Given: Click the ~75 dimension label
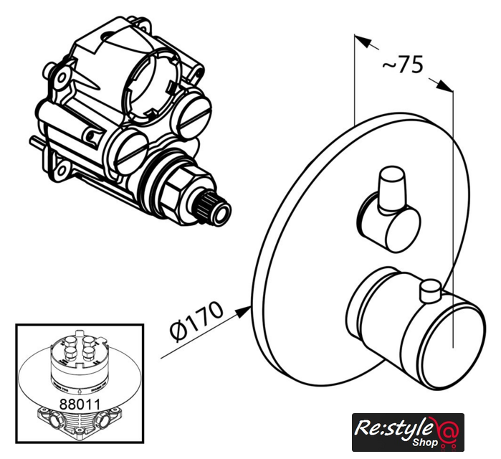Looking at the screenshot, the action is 403,65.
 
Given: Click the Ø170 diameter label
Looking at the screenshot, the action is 196,321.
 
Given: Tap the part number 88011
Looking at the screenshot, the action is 80,404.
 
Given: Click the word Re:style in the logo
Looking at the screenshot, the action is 395,427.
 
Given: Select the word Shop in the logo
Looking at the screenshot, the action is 425,443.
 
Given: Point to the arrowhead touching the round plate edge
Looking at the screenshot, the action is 242,312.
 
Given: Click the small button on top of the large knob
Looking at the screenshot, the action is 431,290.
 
